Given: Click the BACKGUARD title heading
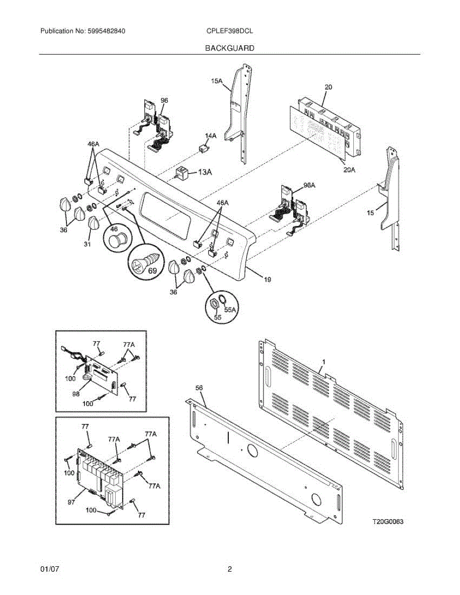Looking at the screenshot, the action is click(229, 48).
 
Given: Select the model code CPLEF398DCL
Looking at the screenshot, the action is click(229, 31).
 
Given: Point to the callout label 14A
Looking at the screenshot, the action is click(210, 135).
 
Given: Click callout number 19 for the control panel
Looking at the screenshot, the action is click(267, 280).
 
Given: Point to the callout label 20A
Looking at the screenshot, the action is click(350, 170).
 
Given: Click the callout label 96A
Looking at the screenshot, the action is click(309, 185).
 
